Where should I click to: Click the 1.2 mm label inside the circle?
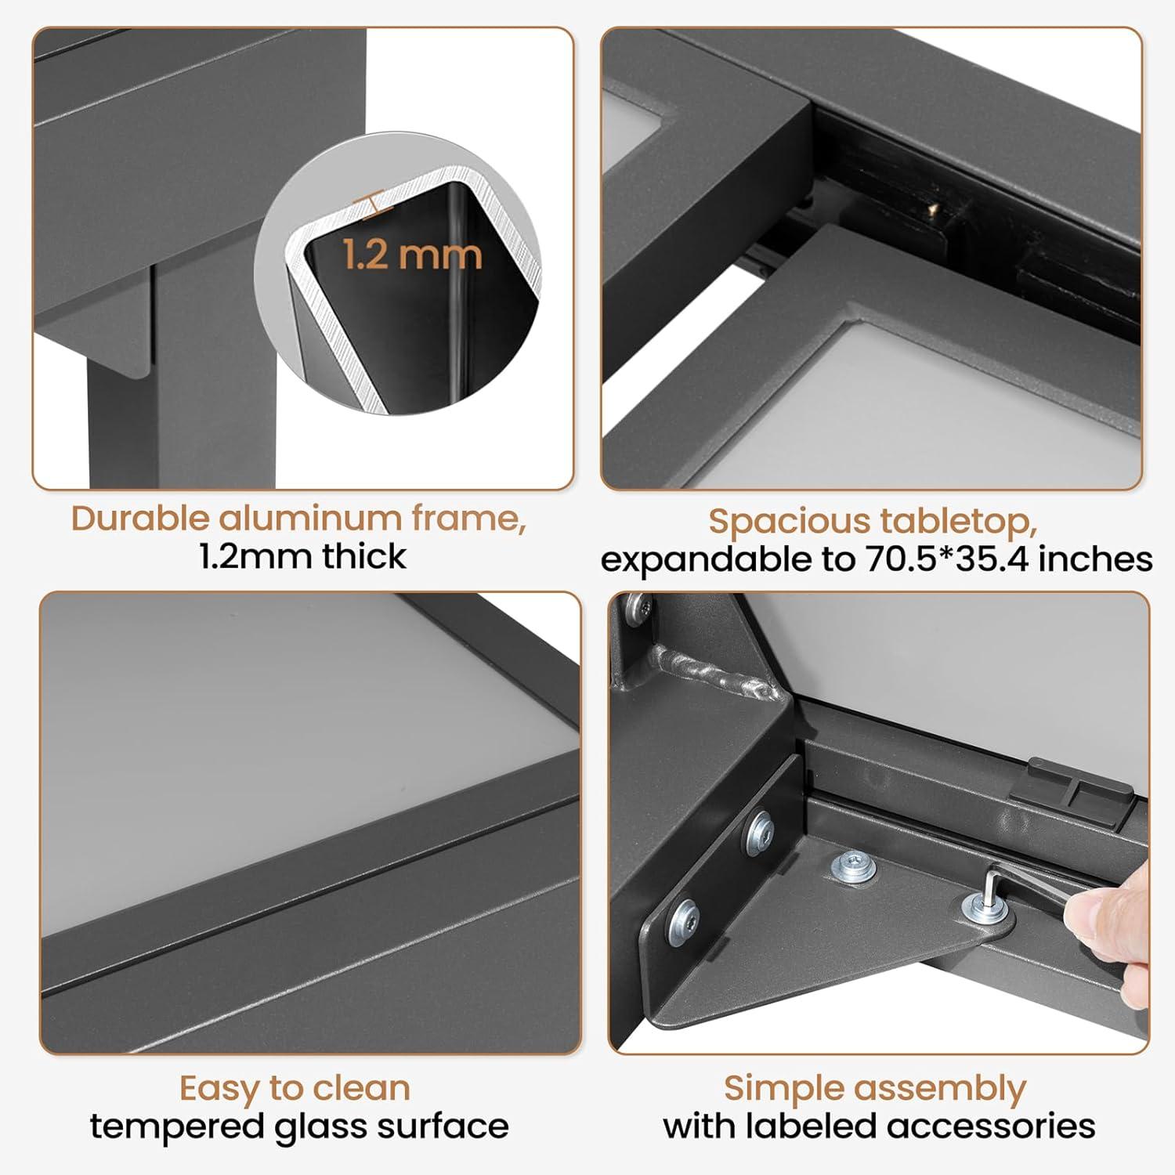[x=412, y=255]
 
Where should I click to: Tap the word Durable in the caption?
[x=140, y=519]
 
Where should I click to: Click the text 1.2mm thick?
[x=302, y=556]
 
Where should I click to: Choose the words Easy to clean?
[x=295, y=1088]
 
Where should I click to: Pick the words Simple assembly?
[x=874, y=1088]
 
